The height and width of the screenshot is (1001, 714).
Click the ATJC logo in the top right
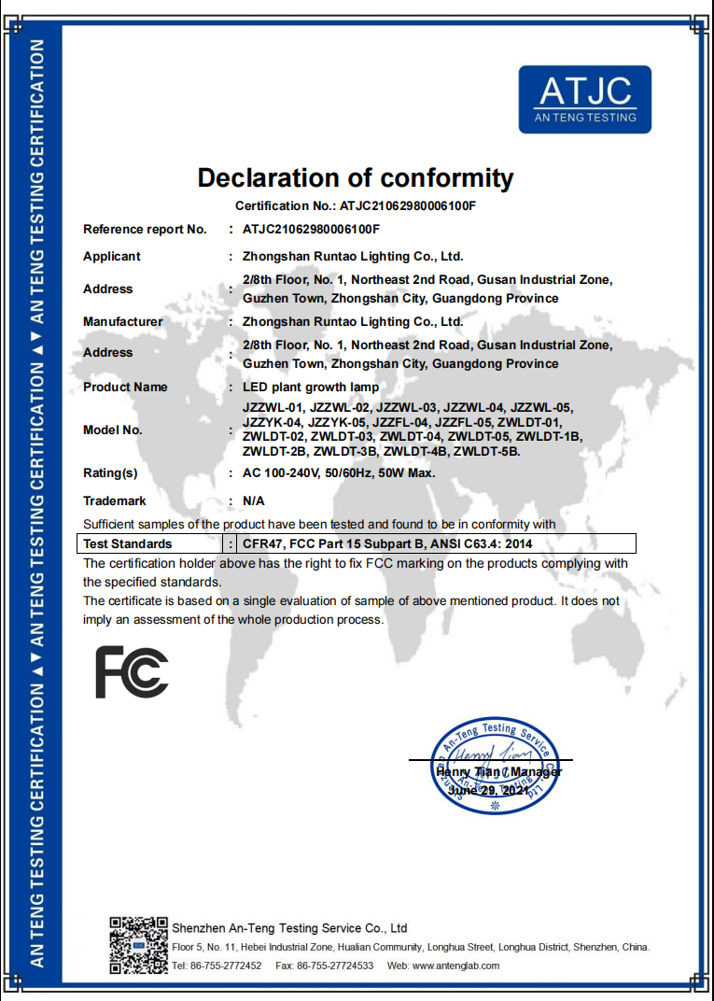tap(584, 99)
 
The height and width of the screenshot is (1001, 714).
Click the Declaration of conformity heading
tap(356, 177)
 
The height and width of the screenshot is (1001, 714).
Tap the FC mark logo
tap(132, 672)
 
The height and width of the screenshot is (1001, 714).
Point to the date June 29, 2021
tap(489, 790)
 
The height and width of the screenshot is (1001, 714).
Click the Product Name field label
tap(125, 387)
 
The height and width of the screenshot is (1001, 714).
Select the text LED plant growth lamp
tap(311, 387)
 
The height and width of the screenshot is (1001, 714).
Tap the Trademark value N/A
tap(254, 500)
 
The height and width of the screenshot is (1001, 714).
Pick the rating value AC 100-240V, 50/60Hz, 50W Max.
tap(339, 472)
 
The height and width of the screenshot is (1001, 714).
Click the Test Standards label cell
tap(128, 543)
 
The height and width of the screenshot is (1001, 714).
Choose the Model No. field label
tap(113, 430)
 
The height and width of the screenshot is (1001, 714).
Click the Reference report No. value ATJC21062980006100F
tap(311, 229)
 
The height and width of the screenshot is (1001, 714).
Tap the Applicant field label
tap(112, 256)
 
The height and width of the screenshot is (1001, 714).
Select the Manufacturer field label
tap(122, 321)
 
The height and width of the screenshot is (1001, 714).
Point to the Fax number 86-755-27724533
tap(335, 966)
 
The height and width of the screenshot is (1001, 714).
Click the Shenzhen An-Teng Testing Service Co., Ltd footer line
tap(289, 928)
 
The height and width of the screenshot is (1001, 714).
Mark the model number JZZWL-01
tap(273, 407)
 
